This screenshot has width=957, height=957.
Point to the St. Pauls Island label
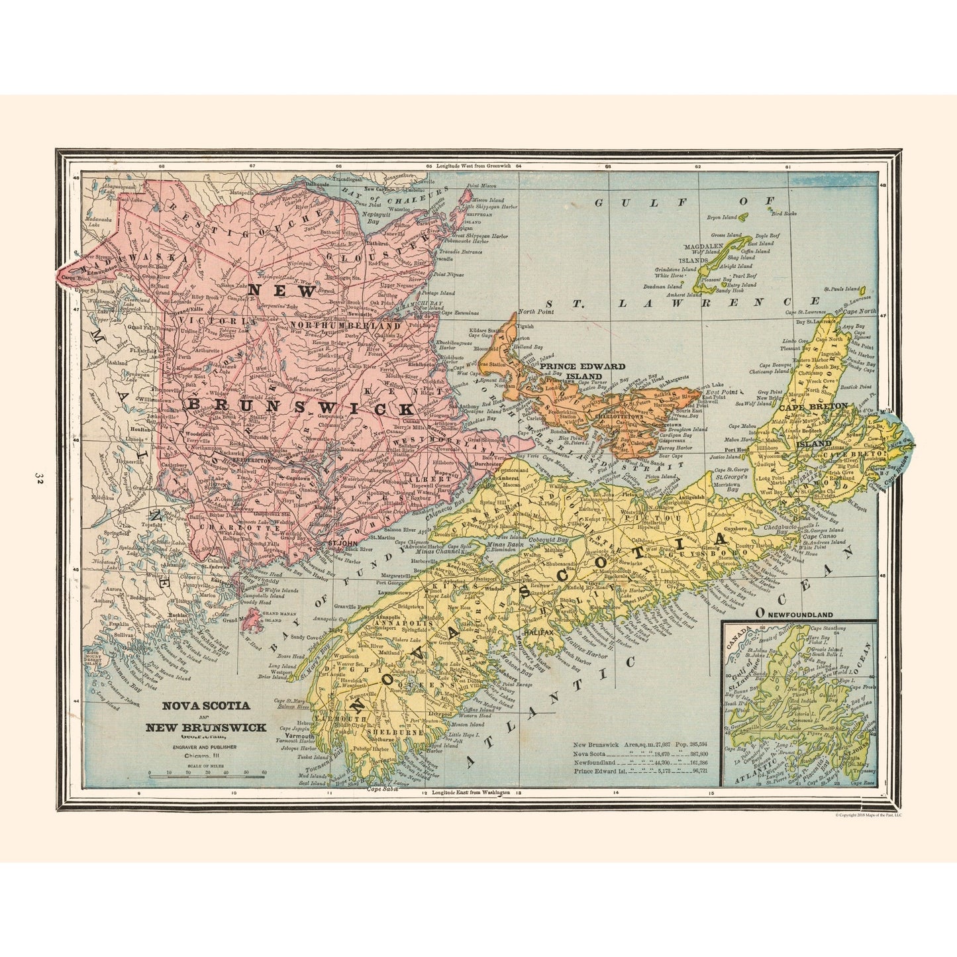pyautogui.click(x=841, y=289)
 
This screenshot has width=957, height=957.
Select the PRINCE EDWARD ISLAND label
pyautogui.click(x=582, y=370)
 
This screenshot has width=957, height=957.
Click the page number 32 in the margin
pyautogui.click(x=39, y=479)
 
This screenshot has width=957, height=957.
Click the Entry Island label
pyautogui.click(x=741, y=284)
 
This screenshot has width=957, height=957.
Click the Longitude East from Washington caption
pyautogui.click(x=471, y=793)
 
